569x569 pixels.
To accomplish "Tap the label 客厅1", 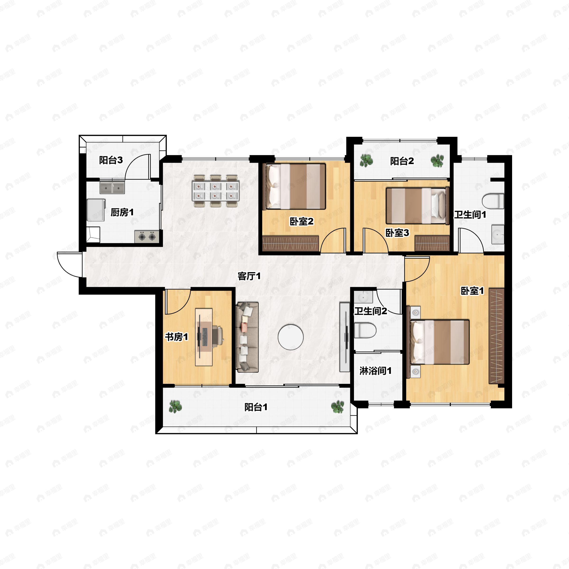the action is [249, 276].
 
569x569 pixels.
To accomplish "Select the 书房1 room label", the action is [176, 337].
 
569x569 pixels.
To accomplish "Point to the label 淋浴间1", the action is [376, 371].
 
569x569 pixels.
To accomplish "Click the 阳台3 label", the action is [111, 160].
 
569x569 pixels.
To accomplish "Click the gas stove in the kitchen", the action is [147, 237].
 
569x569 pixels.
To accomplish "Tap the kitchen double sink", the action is [112, 188].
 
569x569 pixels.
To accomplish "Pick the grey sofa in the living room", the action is [247, 337].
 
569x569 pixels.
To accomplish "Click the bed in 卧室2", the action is [294, 186].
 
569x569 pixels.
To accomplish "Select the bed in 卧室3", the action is [418, 206].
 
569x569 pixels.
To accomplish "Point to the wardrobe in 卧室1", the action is [496, 336].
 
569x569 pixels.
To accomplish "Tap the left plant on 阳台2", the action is [366, 161].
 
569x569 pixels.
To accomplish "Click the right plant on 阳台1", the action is [337, 407].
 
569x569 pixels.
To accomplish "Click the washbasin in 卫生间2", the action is [363, 297].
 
